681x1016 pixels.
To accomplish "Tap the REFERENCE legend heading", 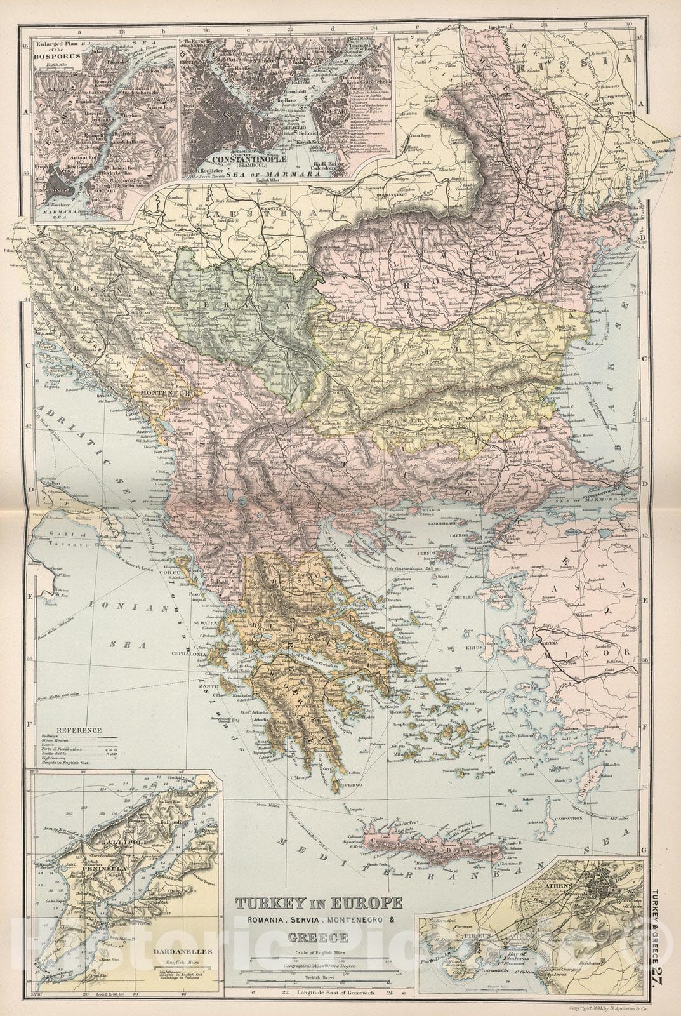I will tap(78, 730).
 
